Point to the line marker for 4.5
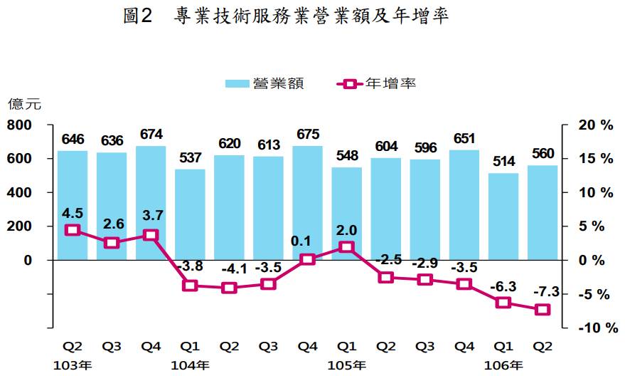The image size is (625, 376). point(73,230)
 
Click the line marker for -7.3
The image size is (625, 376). point(543,309)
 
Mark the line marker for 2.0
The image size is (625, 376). point(346,247)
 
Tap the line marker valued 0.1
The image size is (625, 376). point(307,259)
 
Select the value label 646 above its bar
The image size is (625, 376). point(73,139)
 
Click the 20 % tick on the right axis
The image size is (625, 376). point(595,125)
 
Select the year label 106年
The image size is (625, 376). point(503,365)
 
